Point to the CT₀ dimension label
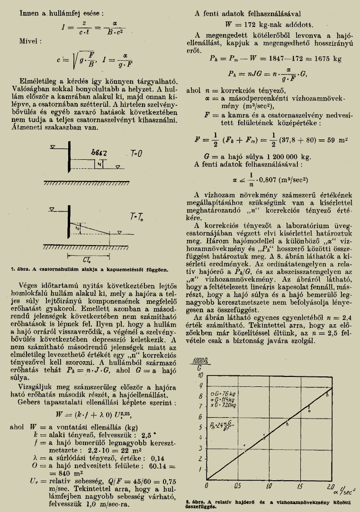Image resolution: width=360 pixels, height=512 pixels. pyautogui.click(x=86, y=260)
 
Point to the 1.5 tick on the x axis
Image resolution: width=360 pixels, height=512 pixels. pyautogui.click(x=300, y=487)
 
